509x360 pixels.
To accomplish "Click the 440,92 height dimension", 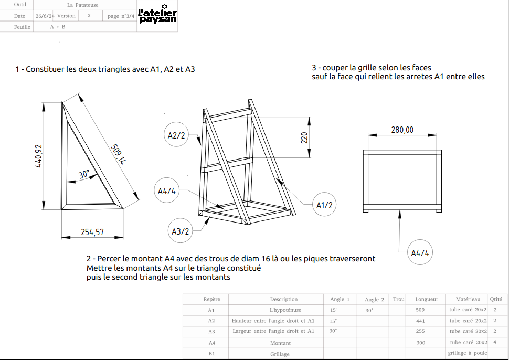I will coord(38,156).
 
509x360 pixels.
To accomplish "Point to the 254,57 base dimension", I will coord(92,232).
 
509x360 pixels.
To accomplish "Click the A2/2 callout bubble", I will coord(177,135).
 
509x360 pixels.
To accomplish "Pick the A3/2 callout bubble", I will coord(181,231).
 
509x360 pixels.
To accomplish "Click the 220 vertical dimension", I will coord(304,137).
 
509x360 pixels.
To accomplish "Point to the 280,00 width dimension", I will coord(402,130).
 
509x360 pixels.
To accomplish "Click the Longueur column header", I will coord(427,299).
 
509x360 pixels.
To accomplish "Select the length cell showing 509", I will coord(420,310).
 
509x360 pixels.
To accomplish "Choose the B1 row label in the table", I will coord(211,354).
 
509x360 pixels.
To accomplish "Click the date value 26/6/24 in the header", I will coord(44,16).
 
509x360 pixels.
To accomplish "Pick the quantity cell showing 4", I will coord(495,342).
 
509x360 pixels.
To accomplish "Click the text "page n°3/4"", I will coord(121,16).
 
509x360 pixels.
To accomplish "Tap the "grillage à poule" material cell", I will coord(467,353).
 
